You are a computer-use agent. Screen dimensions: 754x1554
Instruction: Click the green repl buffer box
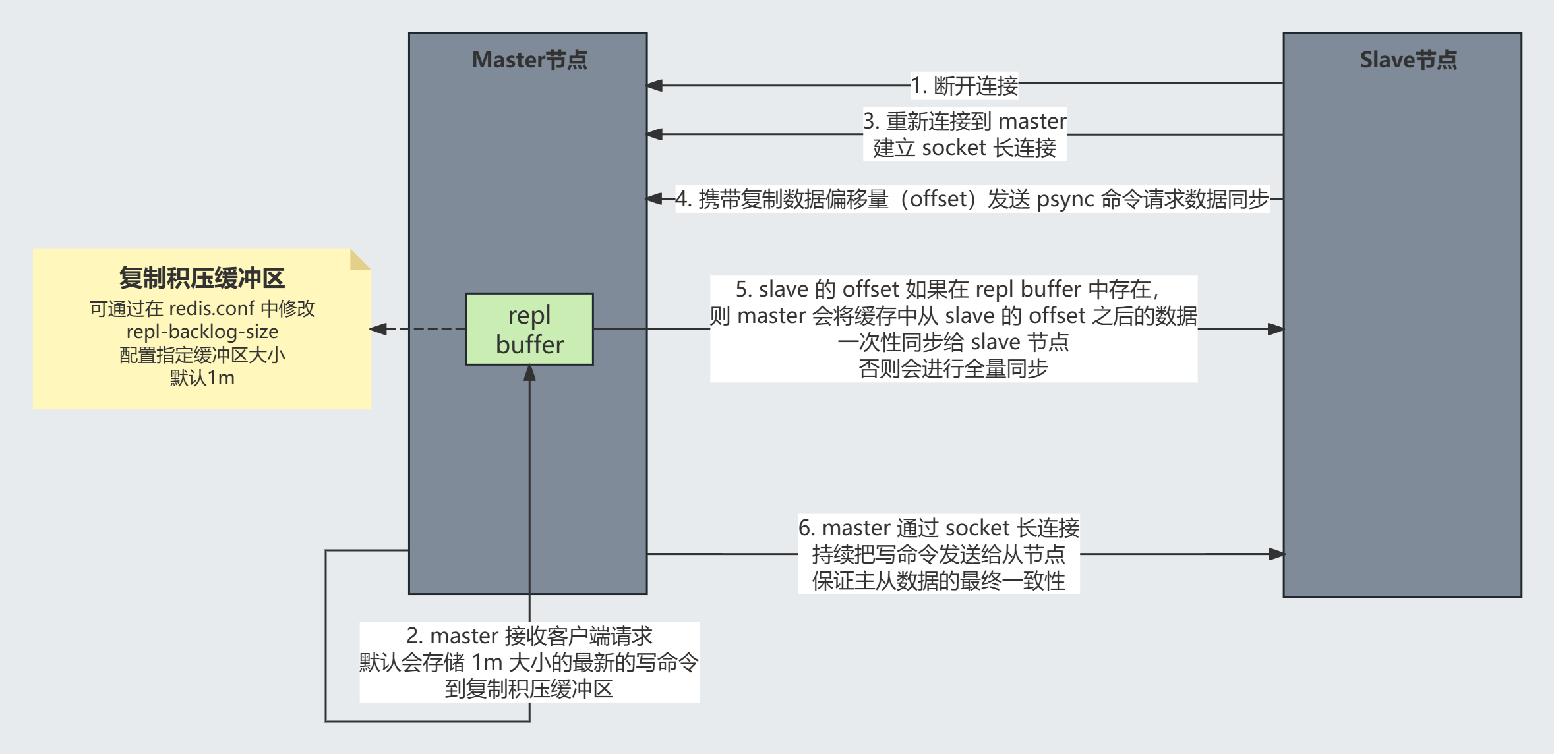(x=529, y=329)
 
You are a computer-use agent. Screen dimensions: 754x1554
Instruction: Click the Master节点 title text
(x=529, y=60)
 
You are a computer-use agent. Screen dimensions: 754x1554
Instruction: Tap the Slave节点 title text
(x=1408, y=60)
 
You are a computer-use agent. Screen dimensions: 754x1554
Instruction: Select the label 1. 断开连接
(x=964, y=86)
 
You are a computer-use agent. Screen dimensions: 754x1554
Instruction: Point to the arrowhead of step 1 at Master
(x=653, y=86)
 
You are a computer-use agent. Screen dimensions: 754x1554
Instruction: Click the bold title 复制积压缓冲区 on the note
(x=202, y=278)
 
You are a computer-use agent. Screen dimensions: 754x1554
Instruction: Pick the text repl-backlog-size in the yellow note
(x=202, y=332)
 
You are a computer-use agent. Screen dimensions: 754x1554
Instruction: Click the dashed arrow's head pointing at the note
(x=378, y=329)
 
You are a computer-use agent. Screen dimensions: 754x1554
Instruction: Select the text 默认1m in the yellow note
(x=202, y=378)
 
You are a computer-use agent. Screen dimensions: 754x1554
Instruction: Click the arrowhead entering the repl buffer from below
(x=529, y=374)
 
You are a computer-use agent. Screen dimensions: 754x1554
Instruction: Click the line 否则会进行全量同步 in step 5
(x=953, y=368)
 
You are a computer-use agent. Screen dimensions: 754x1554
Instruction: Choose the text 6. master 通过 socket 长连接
(x=938, y=528)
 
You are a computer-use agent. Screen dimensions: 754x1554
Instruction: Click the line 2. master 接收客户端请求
(x=529, y=636)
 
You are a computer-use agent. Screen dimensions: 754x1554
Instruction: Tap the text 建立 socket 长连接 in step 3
(x=964, y=148)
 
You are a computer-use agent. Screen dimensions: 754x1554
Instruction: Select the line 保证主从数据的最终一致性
(x=938, y=581)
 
